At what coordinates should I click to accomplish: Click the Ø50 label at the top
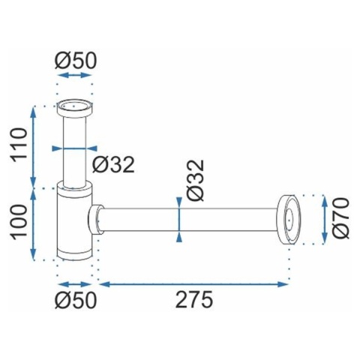pyautogui.click(x=76, y=61)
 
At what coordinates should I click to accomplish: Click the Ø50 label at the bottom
pyautogui.click(x=76, y=300)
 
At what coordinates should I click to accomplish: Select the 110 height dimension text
pyautogui.click(x=19, y=145)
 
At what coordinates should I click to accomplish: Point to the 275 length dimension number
pyautogui.click(x=194, y=300)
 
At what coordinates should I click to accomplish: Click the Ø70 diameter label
pyautogui.click(x=340, y=218)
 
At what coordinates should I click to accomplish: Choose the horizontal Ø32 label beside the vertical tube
pyautogui.click(x=113, y=165)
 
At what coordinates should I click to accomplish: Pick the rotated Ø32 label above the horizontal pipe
pyautogui.click(x=196, y=181)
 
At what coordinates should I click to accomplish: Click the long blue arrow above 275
pyautogui.click(x=194, y=284)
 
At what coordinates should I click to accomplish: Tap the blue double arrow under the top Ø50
pyautogui.click(x=75, y=75)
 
